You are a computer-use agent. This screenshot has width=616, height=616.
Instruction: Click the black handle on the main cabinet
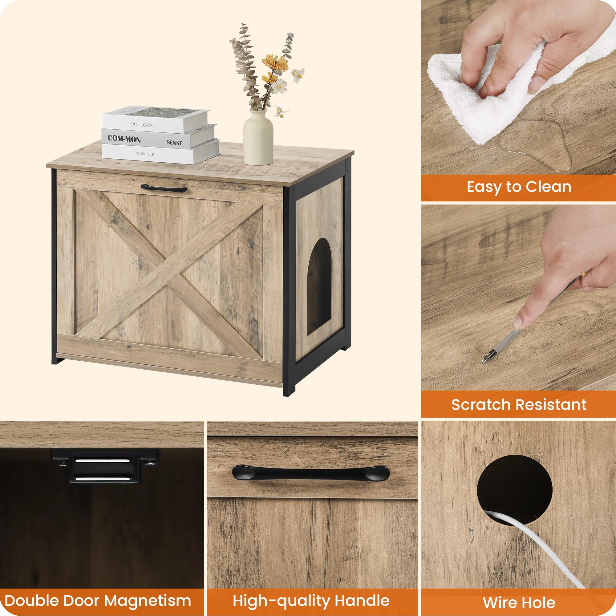click(x=164, y=188)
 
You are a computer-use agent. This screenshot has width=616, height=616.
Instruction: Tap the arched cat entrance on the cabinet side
click(x=319, y=287)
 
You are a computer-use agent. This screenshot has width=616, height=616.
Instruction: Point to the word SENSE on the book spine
click(x=174, y=143)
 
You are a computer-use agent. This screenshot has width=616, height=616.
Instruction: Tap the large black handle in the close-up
click(x=310, y=473)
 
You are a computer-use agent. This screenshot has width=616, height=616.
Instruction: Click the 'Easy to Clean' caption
click(x=519, y=187)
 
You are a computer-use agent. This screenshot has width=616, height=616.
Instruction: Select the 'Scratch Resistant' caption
click(x=519, y=405)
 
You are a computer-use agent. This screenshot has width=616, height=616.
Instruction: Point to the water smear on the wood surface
click(x=536, y=150)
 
